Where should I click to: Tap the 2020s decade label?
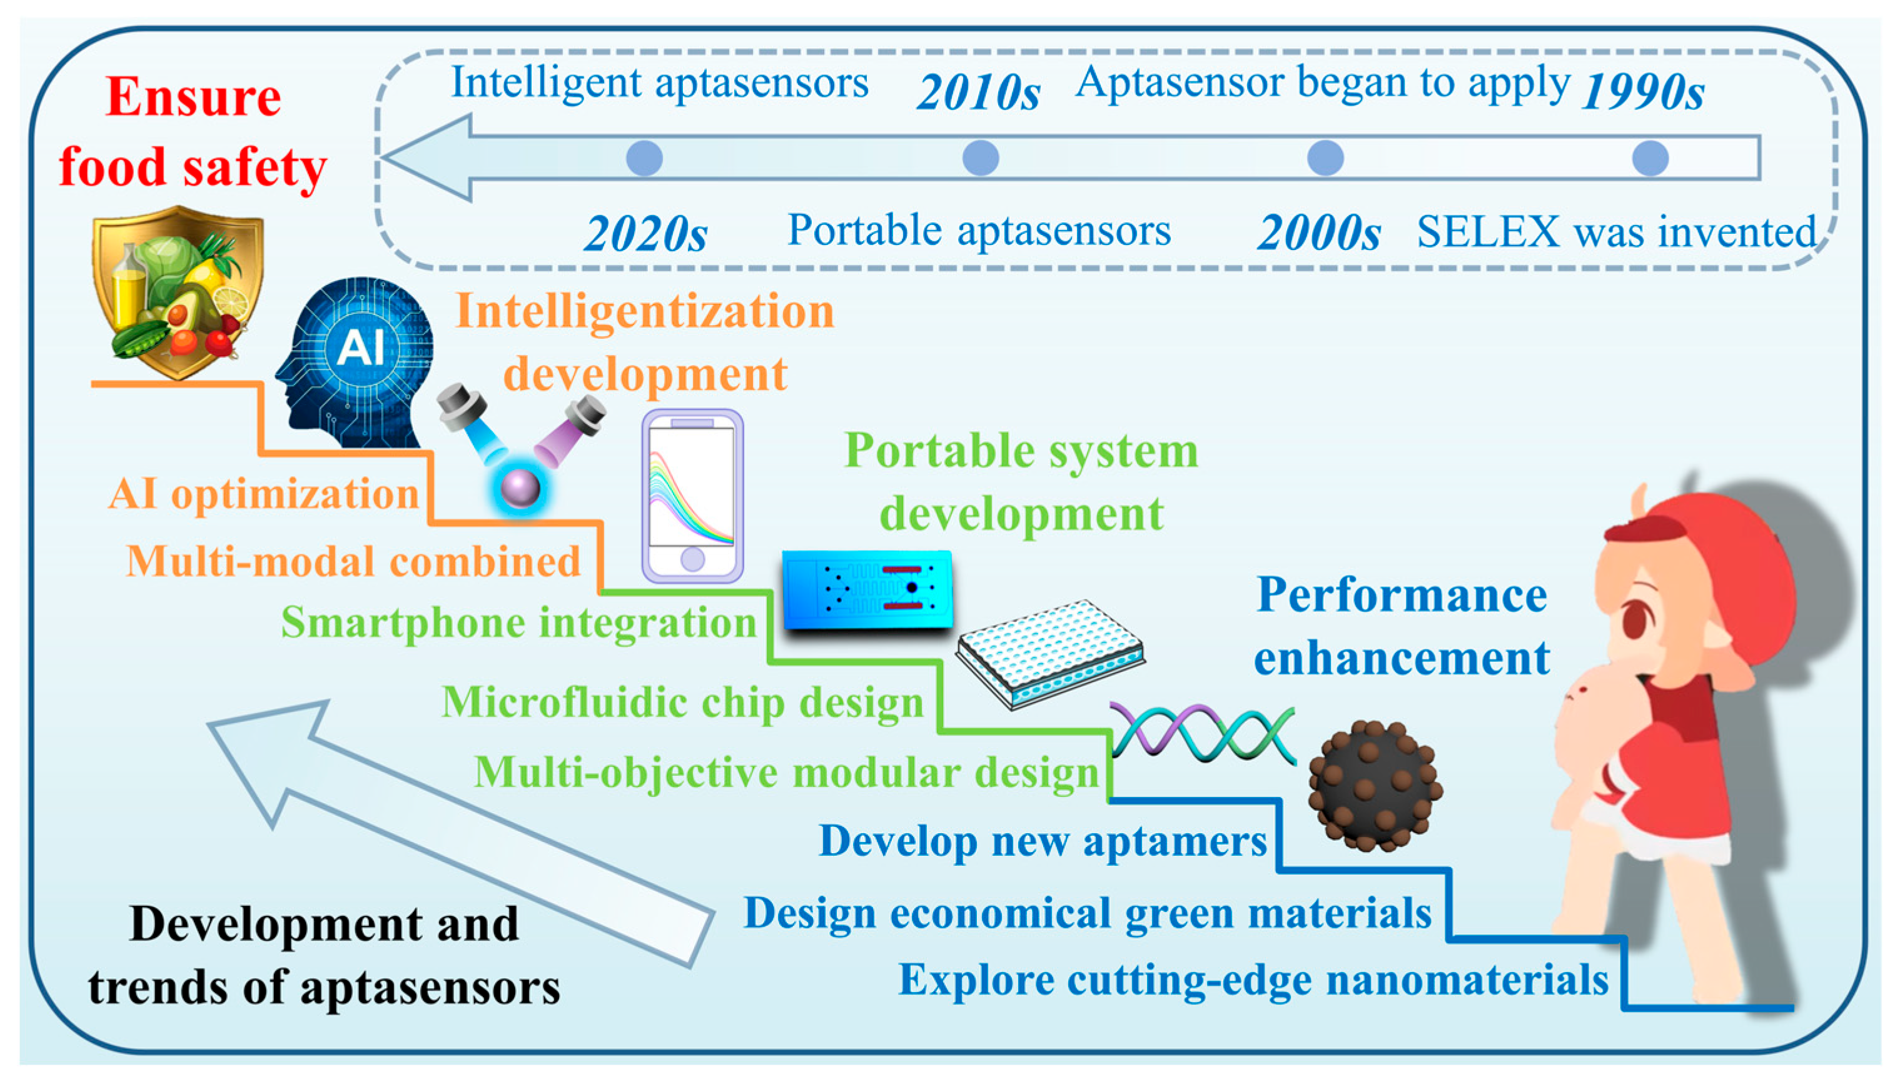tap(645, 234)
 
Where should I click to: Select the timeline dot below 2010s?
tap(980, 158)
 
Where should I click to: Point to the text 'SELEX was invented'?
tap(1616, 232)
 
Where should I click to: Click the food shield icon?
tap(178, 292)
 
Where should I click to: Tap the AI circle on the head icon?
tap(361, 347)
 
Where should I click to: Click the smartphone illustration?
tap(692, 496)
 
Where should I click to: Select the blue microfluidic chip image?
tap(867, 590)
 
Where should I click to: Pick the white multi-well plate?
tap(1049, 654)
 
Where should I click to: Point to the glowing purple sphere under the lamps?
tap(520, 489)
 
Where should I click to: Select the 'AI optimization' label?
tap(265, 494)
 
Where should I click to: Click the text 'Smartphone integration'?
tap(519, 623)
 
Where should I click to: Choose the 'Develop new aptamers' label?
tap(1043, 842)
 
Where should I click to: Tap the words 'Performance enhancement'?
tap(1402, 626)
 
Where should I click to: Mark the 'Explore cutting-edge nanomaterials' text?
tap(1253, 981)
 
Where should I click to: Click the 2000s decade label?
tap(1319, 234)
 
